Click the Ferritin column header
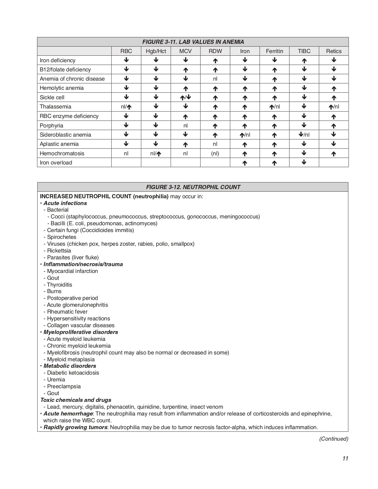[x=274, y=51]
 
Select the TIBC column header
[x=304, y=51]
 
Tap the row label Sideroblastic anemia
[x=66, y=135]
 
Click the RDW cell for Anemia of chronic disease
[x=215, y=79]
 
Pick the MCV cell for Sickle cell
[x=185, y=98]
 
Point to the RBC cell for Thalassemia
[x=126, y=107]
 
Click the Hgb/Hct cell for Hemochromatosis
[x=156, y=154]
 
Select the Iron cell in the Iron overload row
[x=245, y=163]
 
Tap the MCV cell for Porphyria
[x=185, y=126]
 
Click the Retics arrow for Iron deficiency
[x=334, y=60]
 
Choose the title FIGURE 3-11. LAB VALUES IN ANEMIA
[x=193, y=42]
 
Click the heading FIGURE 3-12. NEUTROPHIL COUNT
[x=193, y=187]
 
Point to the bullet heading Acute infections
[x=65, y=203]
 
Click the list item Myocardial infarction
[x=72, y=271]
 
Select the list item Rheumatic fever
[x=67, y=312]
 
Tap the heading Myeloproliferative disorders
[x=81, y=332]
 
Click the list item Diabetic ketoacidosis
[x=73, y=373]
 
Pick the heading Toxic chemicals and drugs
[x=76, y=400]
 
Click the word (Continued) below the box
[x=334, y=439]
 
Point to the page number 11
[x=345, y=458]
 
